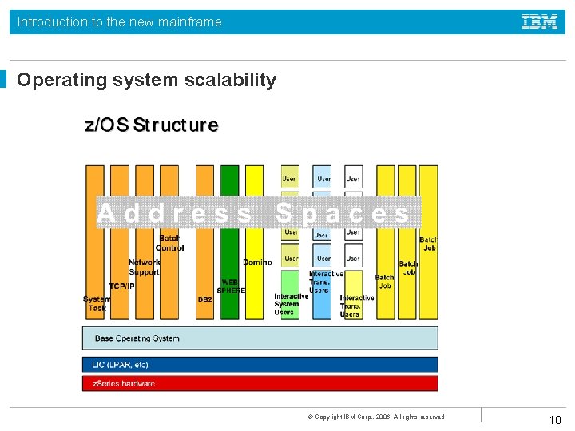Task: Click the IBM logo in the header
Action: point(540,22)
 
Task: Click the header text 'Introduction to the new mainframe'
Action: point(120,22)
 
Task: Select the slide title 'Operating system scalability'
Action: point(147,80)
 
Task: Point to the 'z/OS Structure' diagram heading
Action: point(152,125)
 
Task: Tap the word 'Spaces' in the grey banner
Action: point(343,213)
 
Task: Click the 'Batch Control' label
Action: point(169,243)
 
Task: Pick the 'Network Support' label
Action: point(144,267)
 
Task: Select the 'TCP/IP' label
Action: point(122,287)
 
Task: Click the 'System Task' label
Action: point(97,303)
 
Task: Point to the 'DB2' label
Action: point(205,300)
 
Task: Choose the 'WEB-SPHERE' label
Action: point(231,287)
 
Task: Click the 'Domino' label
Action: point(257,263)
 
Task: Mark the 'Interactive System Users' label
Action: point(291,304)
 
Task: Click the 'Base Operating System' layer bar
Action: point(260,338)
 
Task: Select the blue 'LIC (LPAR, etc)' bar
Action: point(260,365)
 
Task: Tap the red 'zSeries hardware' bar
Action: point(260,383)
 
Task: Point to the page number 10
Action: point(555,420)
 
